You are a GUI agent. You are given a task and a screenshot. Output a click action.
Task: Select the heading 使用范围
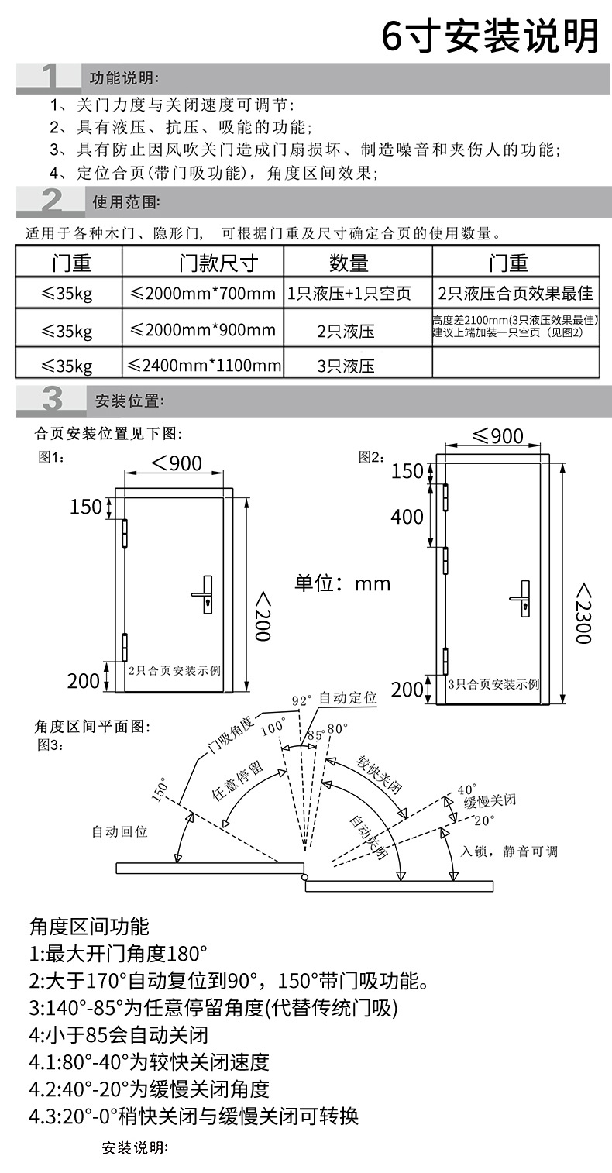[x=126, y=203]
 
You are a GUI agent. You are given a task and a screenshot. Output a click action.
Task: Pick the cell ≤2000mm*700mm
[x=203, y=294]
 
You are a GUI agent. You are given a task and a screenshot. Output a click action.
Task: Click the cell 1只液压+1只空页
[x=349, y=294]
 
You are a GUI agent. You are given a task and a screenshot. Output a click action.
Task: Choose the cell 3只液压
[x=346, y=365]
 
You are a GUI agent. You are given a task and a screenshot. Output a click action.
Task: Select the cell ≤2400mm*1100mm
[x=203, y=365]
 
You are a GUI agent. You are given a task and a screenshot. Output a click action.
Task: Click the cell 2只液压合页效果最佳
[x=515, y=294]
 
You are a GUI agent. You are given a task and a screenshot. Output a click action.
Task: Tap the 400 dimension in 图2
[x=407, y=517]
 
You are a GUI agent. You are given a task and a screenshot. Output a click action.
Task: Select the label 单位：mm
[x=342, y=583]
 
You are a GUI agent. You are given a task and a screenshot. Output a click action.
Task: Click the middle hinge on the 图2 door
[x=446, y=560]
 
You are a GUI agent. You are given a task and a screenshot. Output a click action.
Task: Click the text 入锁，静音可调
[x=509, y=851]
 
